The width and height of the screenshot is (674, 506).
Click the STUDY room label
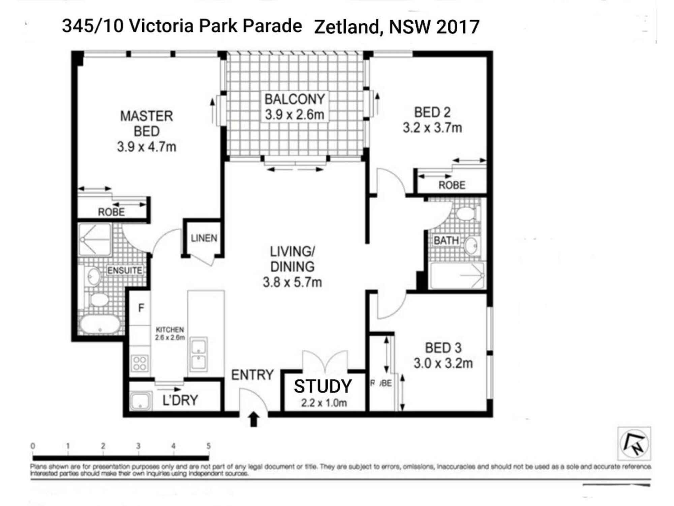coord(323,387)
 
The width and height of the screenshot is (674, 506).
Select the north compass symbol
coord(634,443)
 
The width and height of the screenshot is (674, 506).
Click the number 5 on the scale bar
coord(209,446)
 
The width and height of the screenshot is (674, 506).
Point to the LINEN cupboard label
coord(204,238)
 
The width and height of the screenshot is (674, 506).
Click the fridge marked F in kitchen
coord(141,308)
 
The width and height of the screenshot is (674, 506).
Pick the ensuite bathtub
coord(100,325)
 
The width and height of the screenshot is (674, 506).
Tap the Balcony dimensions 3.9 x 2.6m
coord(294,115)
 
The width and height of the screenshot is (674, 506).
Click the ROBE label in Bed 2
coord(452,185)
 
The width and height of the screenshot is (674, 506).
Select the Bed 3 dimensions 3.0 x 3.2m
coord(443,363)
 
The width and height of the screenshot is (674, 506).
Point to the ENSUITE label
coord(125,270)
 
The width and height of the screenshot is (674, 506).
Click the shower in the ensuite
coord(95,240)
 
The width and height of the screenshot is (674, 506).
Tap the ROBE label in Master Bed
coord(111,212)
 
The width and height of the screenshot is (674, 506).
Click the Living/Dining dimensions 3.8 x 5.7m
coord(292,282)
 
